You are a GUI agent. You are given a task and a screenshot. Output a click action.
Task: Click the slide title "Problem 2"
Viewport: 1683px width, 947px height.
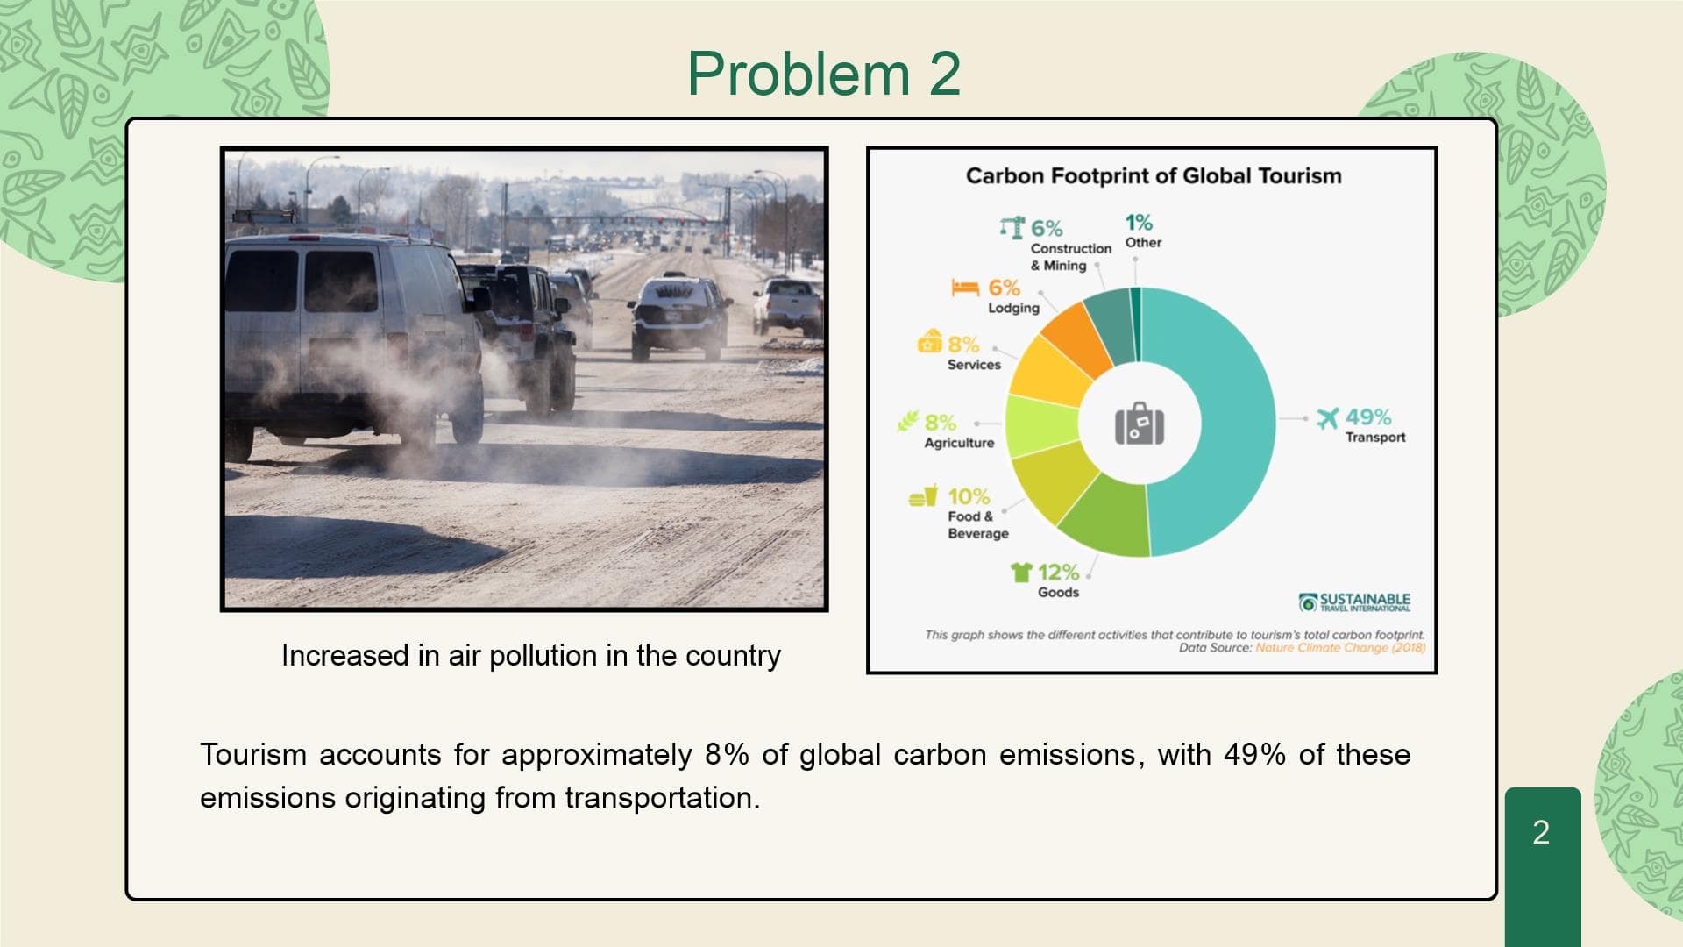[x=824, y=73]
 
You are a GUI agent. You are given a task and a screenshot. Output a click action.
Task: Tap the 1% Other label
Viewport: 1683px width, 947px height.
[x=1142, y=231]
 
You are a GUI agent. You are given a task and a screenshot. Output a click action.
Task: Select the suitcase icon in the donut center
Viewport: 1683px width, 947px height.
[x=1140, y=424]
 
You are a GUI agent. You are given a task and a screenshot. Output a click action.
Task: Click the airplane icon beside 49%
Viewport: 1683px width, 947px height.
[x=1328, y=418]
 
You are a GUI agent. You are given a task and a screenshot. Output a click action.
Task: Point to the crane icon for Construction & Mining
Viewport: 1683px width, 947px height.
[x=1012, y=227]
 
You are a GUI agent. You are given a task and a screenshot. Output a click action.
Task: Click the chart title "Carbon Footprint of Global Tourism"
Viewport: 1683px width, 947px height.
[x=1154, y=175]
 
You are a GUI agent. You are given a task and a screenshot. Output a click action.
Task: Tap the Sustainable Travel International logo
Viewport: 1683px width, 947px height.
[x=1354, y=602]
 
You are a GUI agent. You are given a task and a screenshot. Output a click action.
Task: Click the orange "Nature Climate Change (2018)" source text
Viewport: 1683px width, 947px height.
[x=1340, y=648]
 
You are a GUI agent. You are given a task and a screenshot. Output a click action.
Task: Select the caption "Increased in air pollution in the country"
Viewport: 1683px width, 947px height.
[x=530, y=656]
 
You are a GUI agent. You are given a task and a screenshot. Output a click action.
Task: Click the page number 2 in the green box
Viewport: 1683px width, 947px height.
[x=1541, y=832]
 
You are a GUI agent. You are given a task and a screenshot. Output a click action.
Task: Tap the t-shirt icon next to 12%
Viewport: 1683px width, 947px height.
[x=1021, y=572]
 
